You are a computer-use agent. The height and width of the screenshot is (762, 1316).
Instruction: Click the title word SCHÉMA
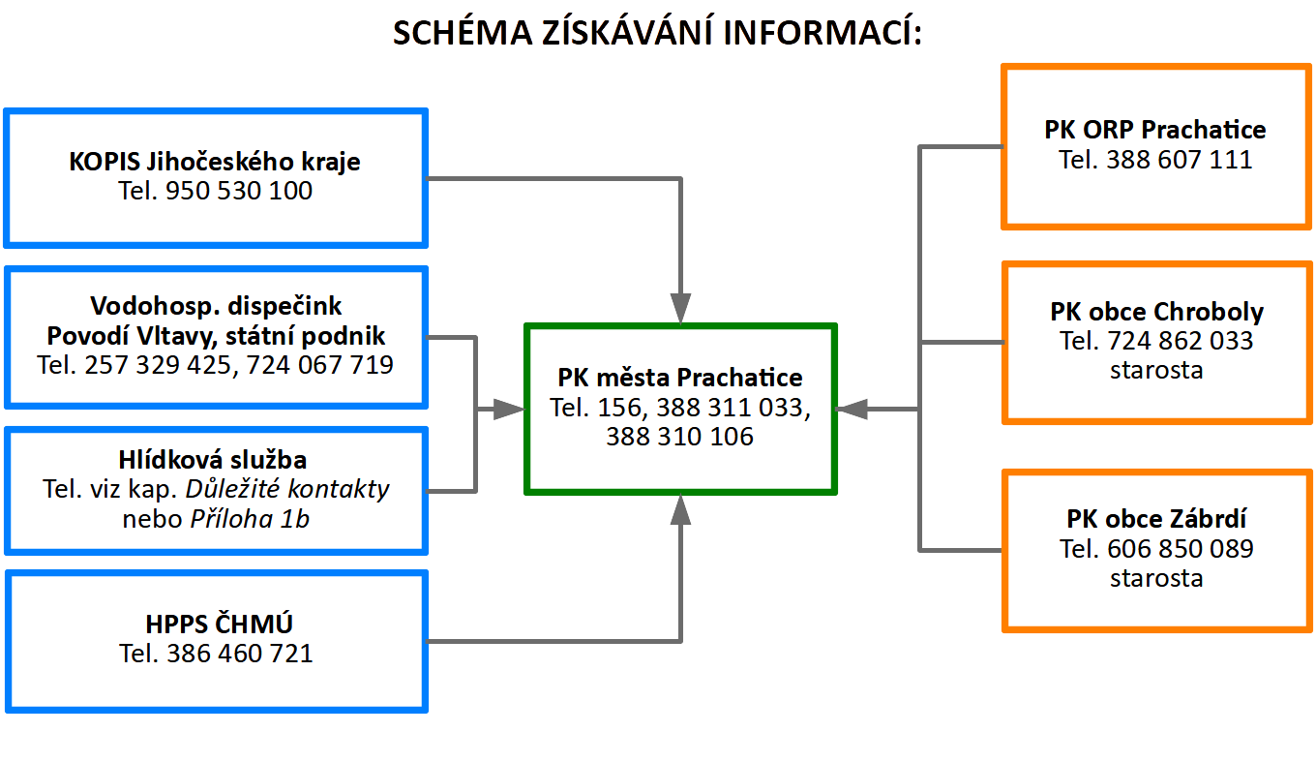click(x=463, y=32)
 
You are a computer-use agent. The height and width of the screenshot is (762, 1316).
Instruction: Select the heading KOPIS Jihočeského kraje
click(x=215, y=162)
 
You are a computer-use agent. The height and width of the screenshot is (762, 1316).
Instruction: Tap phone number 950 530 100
click(x=239, y=191)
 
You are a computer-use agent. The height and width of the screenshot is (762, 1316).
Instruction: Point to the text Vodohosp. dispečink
click(x=216, y=306)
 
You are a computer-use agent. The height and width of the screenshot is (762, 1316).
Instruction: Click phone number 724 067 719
click(x=319, y=365)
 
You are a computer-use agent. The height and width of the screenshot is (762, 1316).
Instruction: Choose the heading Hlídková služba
click(x=213, y=460)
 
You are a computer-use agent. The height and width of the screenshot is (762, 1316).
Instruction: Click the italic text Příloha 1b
click(x=250, y=519)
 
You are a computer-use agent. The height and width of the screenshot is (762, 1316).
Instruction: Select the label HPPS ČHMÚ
click(x=219, y=624)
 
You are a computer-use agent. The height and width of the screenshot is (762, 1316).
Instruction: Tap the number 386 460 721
click(x=240, y=654)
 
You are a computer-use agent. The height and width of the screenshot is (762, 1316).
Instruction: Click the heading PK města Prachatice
click(x=680, y=378)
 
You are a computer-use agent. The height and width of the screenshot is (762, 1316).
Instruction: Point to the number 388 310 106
click(x=679, y=437)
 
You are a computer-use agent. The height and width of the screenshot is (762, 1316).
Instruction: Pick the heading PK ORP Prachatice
click(x=1155, y=130)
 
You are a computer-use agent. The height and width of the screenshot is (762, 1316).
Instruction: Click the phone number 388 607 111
click(x=1180, y=160)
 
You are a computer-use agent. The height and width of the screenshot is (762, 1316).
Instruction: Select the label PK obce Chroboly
click(x=1156, y=312)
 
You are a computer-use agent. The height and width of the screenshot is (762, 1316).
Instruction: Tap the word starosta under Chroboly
click(x=1156, y=371)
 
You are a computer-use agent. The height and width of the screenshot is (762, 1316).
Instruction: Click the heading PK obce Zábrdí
click(x=1156, y=519)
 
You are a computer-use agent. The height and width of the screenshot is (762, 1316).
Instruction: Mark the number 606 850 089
click(x=1181, y=549)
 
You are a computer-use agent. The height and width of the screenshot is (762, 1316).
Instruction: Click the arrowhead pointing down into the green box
click(x=680, y=308)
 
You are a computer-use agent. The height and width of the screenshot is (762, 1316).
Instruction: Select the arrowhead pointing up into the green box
click(x=680, y=509)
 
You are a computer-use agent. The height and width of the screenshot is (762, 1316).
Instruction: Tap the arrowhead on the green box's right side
click(x=852, y=410)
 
